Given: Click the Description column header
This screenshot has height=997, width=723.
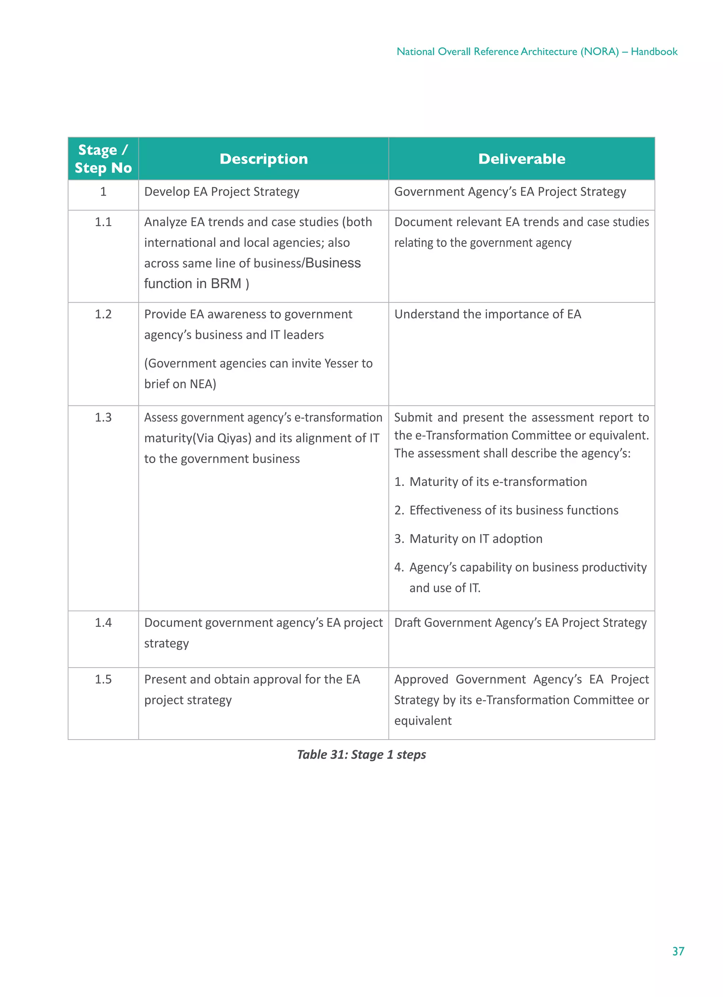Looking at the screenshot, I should coord(263,159).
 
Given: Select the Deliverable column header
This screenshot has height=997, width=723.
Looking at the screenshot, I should coord(521,159).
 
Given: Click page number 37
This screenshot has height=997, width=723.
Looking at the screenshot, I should coord(678,951).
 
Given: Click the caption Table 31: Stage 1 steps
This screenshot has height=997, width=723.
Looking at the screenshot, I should coord(361,755).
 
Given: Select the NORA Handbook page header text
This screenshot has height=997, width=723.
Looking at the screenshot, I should coord(537,52).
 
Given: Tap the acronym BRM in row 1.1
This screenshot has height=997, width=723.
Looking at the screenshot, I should coord(226,284).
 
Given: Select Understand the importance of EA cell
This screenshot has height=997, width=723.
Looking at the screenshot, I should coord(488,314).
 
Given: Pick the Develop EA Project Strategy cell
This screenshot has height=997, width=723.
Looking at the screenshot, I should coord(221,192).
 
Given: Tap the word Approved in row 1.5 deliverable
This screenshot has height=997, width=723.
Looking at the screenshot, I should coord(420,679).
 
